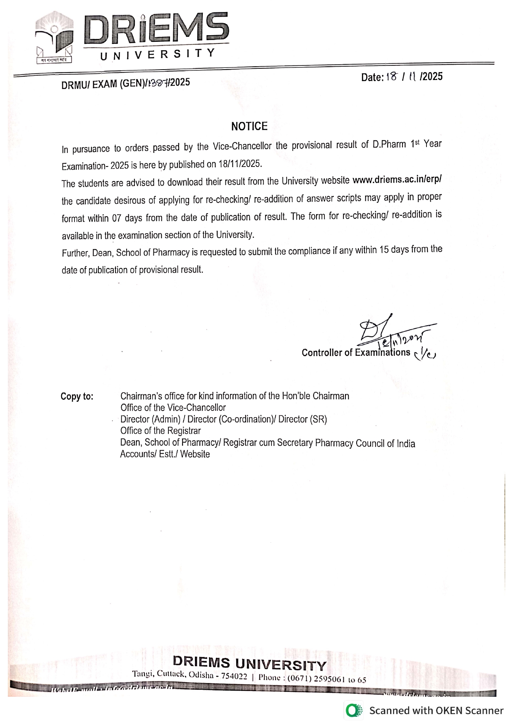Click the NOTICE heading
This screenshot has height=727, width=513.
(x=249, y=126)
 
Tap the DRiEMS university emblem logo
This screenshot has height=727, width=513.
(x=54, y=38)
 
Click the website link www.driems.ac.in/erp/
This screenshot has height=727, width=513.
(x=397, y=180)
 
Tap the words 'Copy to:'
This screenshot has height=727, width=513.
(x=77, y=396)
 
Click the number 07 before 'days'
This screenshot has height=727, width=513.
(x=116, y=218)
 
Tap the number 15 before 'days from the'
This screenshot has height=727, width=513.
(x=384, y=251)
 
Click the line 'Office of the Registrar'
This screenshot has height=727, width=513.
(x=161, y=431)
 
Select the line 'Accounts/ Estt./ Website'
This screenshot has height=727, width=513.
(x=165, y=454)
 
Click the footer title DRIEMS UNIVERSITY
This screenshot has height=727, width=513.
(x=249, y=663)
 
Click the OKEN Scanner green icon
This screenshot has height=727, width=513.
(x=352, y=711)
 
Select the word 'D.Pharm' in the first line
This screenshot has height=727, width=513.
(x=389, y=145)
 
